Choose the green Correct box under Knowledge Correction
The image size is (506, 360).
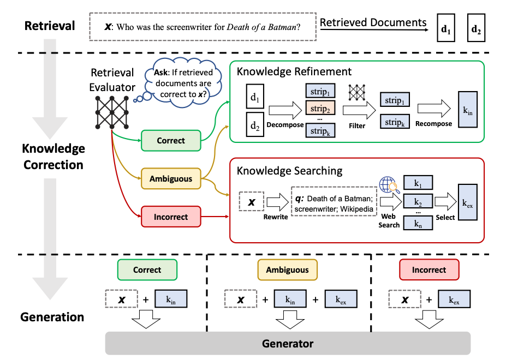coord(171,140)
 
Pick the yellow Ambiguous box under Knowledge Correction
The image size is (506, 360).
coord(171,178)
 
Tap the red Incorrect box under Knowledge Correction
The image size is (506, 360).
coord(171,217)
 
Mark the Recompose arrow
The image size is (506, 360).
coord(433,109)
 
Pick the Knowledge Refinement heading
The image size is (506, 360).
coord(294,71)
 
